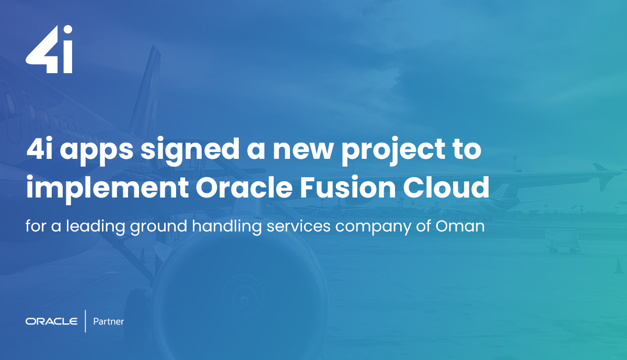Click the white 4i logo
click(49, 49)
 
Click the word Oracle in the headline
click(244, 187)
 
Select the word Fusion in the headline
click(347, 187)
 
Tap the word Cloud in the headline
click(446, 187)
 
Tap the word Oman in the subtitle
click(460, 226)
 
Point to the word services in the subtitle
click(299, 226)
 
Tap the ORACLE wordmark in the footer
click(52, 321)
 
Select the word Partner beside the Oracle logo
click(108, 321)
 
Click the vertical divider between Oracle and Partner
click(85, 321)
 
